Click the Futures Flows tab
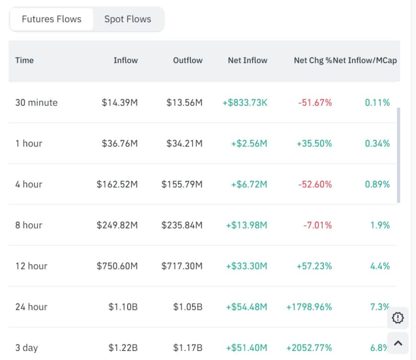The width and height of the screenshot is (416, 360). coord(51,19)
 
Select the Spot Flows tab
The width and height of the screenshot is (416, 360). coord(128,19)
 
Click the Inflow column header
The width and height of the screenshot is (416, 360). coord(125,60)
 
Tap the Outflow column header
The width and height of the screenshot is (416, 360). coord(188,60)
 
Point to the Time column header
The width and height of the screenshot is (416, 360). coord(24,60)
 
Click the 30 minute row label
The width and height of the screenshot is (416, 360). coord(36,103)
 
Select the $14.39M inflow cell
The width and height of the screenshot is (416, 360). coord(120,103)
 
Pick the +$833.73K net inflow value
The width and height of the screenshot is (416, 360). coord(245,103)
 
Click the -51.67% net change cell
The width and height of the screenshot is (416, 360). coord(315,103)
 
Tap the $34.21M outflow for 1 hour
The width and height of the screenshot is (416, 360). coord(184,143)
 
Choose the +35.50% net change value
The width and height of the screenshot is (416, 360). coord(314,143)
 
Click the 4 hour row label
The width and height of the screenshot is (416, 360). coord(28,184)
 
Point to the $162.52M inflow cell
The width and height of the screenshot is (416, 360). coord(117,184)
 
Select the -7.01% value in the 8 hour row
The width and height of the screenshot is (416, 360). coord(317,225)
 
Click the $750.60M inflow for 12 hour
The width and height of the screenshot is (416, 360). coord(117,266)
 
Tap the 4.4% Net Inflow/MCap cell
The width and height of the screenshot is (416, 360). coord(380,266)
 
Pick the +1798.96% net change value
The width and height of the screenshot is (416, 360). coord(309,307)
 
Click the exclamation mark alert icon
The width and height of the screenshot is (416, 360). coord(398,317)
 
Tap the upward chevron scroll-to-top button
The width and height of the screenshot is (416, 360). coord(398,343)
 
